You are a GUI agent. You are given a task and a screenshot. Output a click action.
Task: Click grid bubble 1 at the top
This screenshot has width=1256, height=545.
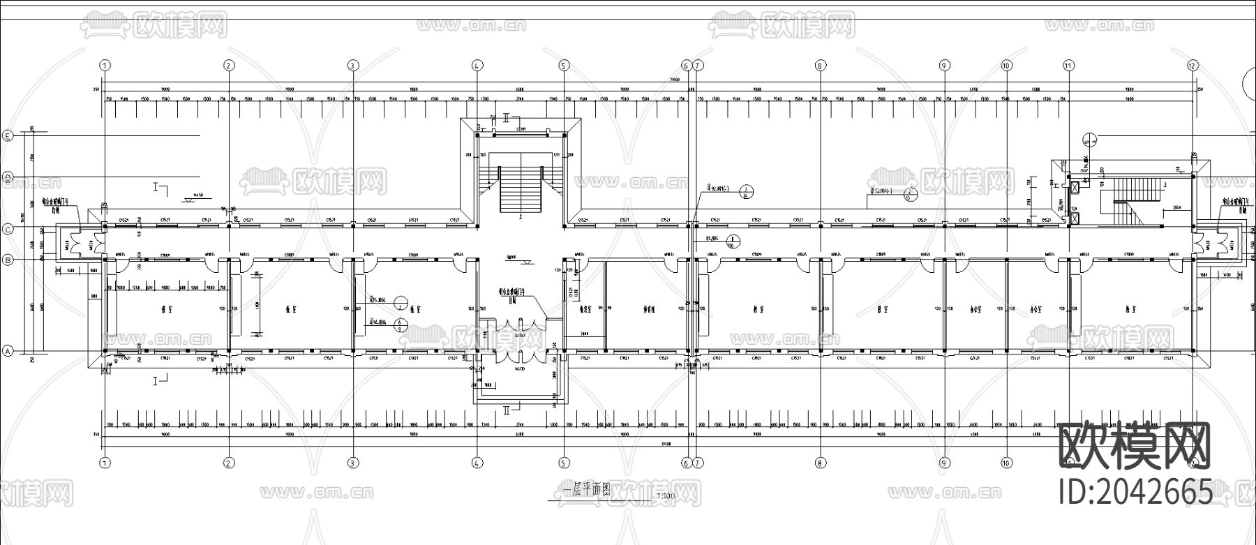click(x=105, y=65)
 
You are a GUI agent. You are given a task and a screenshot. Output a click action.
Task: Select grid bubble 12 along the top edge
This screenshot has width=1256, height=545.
click(x=1192, y=65)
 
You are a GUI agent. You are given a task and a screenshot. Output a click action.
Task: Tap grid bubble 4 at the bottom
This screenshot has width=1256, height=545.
click(x=477, y=463)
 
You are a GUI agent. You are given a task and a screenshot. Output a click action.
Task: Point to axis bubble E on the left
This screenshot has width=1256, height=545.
click(x=8, y=135)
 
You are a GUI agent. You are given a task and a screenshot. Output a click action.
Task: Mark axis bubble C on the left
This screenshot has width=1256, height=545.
click(x=8, y=229)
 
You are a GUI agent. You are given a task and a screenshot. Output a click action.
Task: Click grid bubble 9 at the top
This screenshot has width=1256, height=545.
click(x=944, y=65)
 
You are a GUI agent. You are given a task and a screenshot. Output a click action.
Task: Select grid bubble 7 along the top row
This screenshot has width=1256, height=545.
click(x=698, y=65)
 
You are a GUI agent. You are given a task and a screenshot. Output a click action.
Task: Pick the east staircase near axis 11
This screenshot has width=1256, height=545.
click(x=1123, y=199)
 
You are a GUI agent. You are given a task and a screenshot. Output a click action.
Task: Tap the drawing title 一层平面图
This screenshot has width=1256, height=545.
click(x=582, y=491)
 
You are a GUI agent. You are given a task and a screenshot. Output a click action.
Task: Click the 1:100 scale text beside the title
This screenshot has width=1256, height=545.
click(x=666, y=497)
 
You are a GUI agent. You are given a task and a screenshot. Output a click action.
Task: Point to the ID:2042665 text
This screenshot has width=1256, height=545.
click(x=1135, y=492)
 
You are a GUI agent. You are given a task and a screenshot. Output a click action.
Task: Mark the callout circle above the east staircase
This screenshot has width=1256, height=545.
click(x=1091, y=139)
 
